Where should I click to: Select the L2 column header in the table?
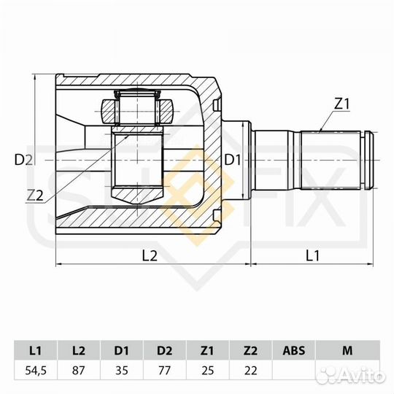coord(80,351)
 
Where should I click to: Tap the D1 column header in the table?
coord(122,351)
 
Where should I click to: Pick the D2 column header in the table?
coord(165,351)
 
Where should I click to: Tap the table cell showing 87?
coord(80,370)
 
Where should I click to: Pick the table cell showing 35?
coord(122,370)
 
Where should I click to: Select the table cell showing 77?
coord(165,370)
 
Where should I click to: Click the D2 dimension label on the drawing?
coord(24,160)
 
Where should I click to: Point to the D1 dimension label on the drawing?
coord(232,160)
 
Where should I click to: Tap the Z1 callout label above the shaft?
coord(342,104)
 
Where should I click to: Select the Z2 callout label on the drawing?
coord(34,195)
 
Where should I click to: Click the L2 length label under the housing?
coord(150,255)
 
